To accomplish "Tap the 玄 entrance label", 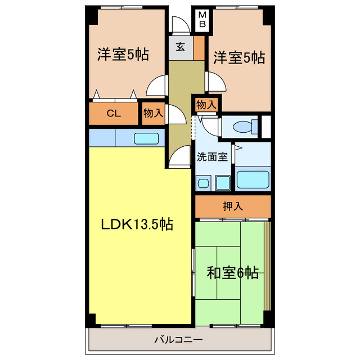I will tap(179, 47).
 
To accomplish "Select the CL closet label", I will tap(114, 113).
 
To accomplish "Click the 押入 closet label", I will tap(233, 206).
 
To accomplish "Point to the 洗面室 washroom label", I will tap(212, 157).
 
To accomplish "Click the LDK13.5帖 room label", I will tap(137, 224).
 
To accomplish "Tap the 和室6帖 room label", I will tap(232, 273).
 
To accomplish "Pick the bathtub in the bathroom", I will tap(253, 180).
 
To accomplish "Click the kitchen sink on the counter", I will tap(146, 138).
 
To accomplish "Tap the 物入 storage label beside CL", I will tap(153, 113).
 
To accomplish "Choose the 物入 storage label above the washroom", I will tap(206, 104).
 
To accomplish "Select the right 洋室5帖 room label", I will tap(238, 57).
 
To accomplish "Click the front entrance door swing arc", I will tap(179, 25).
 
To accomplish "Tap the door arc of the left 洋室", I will tap(156, 86).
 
